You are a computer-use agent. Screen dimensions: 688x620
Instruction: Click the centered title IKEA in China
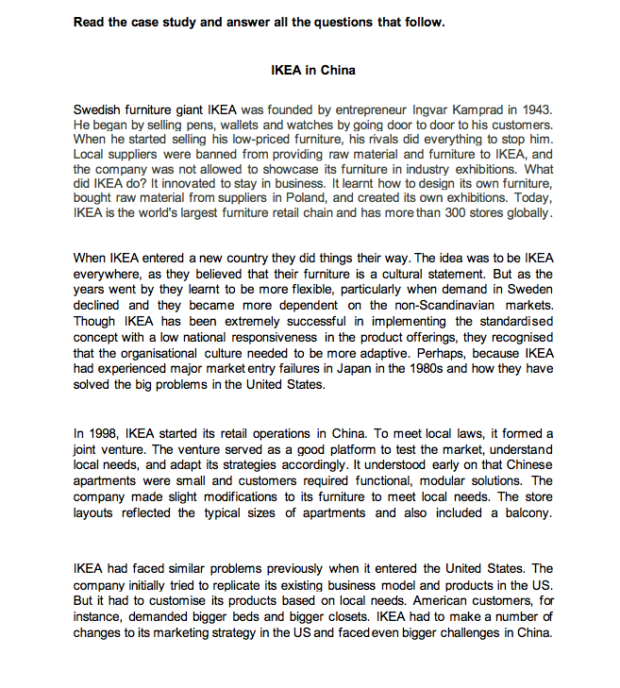coord(312,70)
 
